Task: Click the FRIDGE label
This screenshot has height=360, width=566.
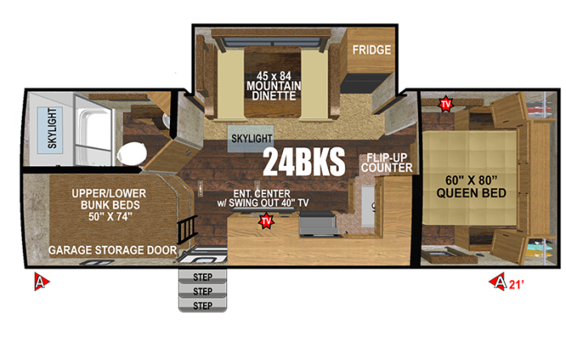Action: (x=371, y=50)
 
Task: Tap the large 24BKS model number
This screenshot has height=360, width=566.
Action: (x=304, y=163)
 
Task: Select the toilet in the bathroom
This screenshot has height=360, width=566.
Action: (x=132, y=154)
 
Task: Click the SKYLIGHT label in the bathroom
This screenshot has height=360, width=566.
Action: (x=52, y=129)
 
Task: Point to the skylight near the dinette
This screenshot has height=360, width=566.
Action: (x=251, y=138)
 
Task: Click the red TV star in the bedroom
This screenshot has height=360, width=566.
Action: (x=446, y=104)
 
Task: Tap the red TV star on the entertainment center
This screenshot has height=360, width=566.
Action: (x=266, y=221)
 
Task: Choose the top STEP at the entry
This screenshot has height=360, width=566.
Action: (x=202, y=277)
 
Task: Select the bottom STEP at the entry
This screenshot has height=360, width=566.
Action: (x=202, y=306)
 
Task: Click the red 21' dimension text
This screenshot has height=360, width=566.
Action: (x=516, y=285)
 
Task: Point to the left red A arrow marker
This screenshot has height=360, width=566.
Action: (x=41, y=282)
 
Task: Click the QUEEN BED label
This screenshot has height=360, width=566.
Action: (x=471, y=193)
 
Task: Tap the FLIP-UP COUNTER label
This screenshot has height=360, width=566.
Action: (x=386, y=163)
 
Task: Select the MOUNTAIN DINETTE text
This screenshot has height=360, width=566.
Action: (x=273, y=91)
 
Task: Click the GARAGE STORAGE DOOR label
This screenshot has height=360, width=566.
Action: (x=112, y=250)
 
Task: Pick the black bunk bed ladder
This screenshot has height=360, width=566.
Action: (x=188, y=230)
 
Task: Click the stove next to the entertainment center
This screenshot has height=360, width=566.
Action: (x=319, y=224)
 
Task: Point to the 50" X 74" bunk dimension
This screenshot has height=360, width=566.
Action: (x=110, y=217)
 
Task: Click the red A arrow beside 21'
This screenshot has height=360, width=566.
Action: (x=498, y=282)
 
